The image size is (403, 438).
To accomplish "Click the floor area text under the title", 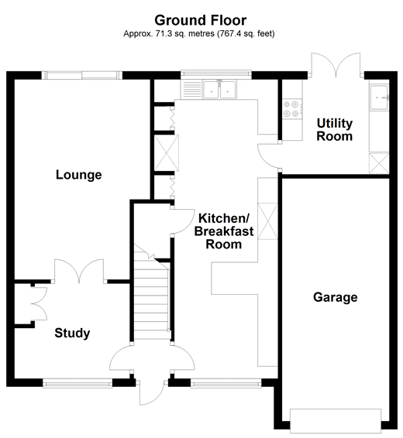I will (x=201, y=34).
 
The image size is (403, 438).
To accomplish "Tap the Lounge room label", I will (x=78, y=175).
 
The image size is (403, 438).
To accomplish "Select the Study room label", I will (x=72, y=334).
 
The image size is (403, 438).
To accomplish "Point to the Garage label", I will (x=335, y=297).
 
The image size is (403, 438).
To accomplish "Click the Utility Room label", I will (x=334, y=130).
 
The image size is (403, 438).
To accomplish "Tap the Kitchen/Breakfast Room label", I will (x=219, y=231).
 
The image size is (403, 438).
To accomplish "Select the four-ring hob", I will (x=292, y=110).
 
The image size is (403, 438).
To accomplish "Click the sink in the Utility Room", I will (x=379, y=97).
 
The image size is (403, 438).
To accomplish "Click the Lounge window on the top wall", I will (x=81, y=75).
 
